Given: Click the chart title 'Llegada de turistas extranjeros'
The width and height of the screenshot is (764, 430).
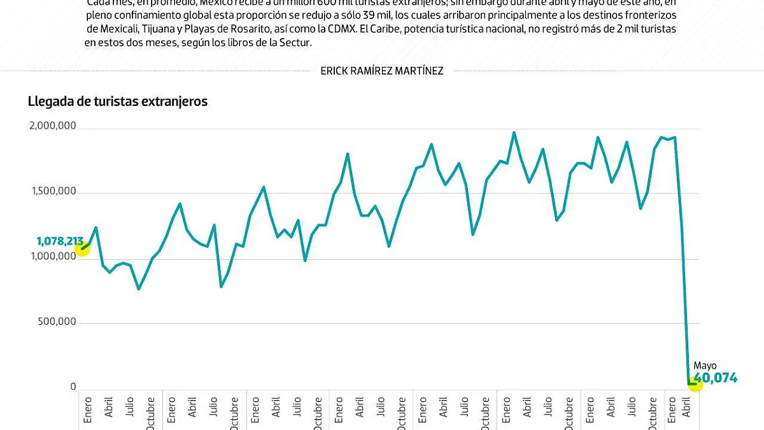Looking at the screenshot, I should [118, 101].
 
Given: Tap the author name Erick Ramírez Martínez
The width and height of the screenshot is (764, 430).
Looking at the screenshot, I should [382, 71].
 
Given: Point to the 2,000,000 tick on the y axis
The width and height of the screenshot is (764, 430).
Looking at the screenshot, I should [53, 126].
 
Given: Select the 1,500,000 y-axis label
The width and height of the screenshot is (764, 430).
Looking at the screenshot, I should [53, 192].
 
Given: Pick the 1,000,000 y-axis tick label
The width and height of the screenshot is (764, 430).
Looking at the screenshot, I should [53, 256].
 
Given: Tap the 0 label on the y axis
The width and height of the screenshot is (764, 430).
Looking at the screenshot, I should [73, 387].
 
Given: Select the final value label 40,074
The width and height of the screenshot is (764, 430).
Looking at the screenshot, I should [716, 378].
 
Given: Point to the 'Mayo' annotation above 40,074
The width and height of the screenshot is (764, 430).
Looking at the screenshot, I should [705, 366].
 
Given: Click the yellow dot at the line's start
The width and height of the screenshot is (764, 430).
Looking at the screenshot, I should [82, 248].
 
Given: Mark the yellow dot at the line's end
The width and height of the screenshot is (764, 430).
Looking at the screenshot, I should [695, 383].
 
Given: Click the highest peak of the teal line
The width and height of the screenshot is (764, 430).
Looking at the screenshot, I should [514, 133].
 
